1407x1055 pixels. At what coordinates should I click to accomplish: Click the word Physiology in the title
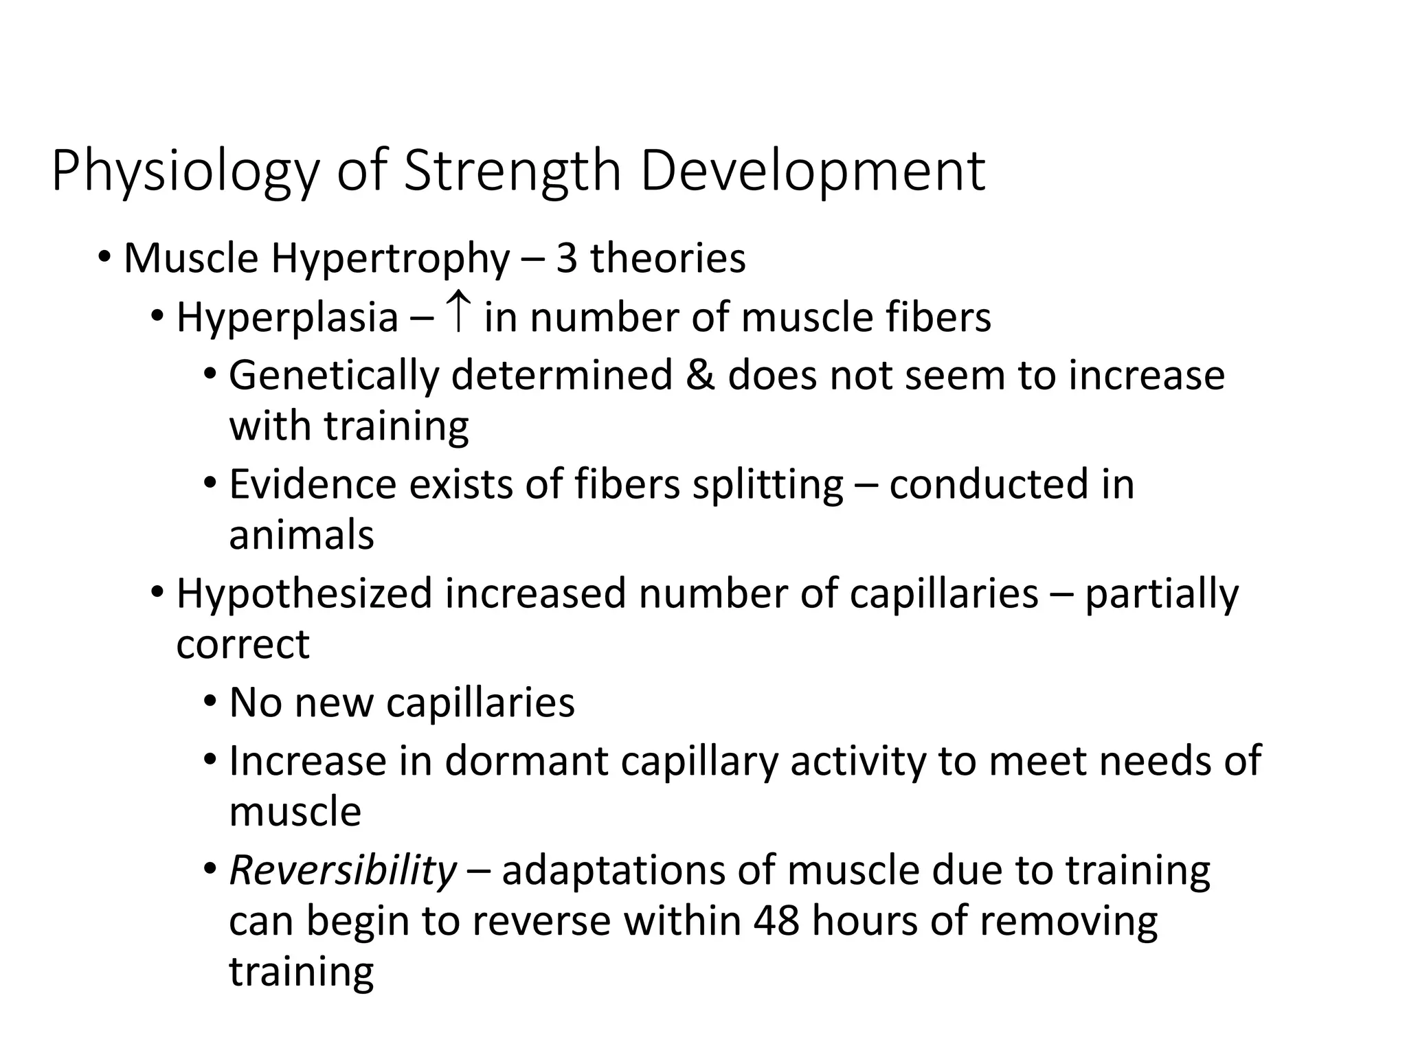[185, 172]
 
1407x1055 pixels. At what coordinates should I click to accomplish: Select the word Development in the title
[813, 172]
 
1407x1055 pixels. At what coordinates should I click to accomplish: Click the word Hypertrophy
[390, 260]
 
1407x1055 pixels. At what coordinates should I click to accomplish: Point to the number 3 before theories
[566, 259]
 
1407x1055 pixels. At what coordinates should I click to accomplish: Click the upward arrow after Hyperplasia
[458, 313]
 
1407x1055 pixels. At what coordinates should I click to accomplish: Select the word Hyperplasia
[287, 319]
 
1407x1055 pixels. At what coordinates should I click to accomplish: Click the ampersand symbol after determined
[700, 376]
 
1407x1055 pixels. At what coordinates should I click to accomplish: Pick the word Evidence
[313, 484]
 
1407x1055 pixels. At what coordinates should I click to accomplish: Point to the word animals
[302, 535]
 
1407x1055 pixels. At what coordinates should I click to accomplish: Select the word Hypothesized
[304, 594]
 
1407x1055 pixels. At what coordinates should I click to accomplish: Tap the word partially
[1162, 594]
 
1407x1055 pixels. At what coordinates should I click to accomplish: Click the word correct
[243, 644]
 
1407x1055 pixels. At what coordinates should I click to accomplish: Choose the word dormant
[526, 761]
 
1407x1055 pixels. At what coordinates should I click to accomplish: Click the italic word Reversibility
[342, 871]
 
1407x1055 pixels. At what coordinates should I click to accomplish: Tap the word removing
[1068, 922]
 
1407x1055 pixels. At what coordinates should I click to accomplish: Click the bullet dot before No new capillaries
[210, 702]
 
